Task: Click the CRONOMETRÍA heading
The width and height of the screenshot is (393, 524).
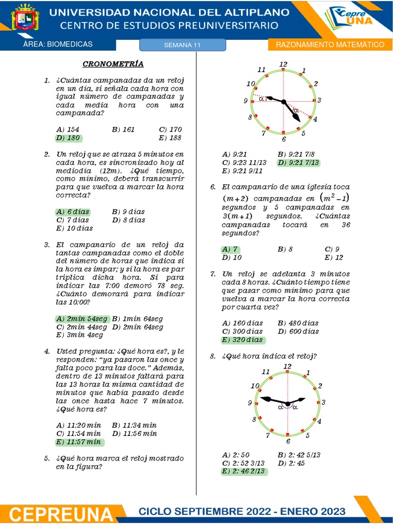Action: (113, 64)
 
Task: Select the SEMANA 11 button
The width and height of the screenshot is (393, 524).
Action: (182, 45)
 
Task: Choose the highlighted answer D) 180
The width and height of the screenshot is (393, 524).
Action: (68, 138)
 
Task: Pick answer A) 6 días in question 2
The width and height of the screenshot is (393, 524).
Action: (72, 211)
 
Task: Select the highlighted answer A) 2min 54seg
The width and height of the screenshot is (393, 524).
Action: (82, 318)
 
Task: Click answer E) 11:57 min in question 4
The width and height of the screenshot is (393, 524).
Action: (79, 442)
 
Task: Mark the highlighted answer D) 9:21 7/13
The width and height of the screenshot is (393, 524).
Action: (298, 162)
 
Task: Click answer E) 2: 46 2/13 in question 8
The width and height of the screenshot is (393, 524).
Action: (244, 471)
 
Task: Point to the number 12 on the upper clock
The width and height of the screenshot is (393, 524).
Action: (283, 64)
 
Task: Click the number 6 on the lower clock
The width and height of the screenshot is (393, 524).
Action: (288, 441)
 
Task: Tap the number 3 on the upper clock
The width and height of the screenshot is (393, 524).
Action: (319, 100)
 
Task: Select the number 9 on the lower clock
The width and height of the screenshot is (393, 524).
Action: (250, 403)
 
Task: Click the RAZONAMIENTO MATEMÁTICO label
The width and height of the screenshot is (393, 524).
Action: (330, 45)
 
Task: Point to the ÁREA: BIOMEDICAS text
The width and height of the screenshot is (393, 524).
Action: (58, 44)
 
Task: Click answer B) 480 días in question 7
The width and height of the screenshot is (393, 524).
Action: (298, 323)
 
